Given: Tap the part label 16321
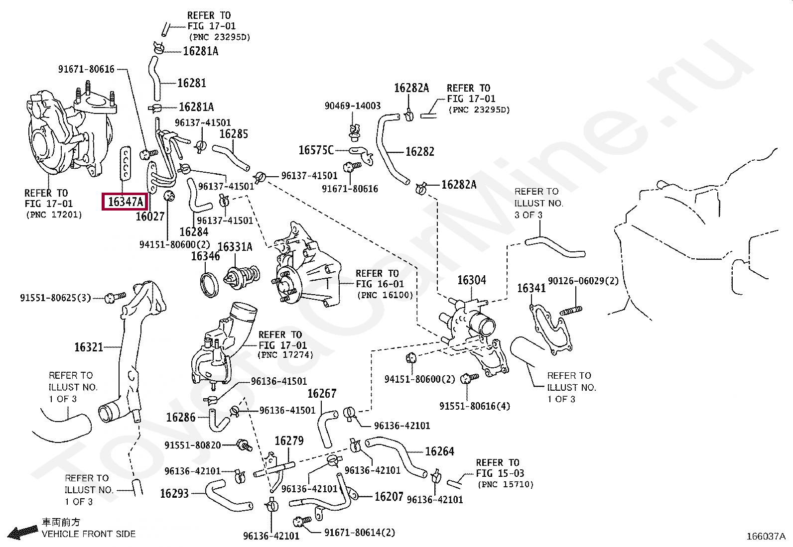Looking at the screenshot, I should click(89, 347).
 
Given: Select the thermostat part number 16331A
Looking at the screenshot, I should click(235, 247).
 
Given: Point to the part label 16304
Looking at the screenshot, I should click(472, 280).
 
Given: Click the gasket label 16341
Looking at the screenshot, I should click(531, 288).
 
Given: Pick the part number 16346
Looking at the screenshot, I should click(205, 256).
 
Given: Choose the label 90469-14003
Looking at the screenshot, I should click(352, 106).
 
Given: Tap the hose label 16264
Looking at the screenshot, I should click(439, 451).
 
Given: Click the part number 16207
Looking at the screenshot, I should click(389, 496).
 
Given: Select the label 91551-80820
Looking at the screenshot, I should click(192, 445).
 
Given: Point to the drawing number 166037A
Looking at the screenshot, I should click(765, 537).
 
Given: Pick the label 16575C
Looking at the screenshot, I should click(316, 150).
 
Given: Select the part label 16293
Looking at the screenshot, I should click(174, 493).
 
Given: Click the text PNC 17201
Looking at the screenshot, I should click(53, 215).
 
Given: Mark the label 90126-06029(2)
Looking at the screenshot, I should click(583, 281).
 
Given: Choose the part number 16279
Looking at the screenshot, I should click(289, 441).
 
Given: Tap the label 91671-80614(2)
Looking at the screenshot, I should click(359, 533).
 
